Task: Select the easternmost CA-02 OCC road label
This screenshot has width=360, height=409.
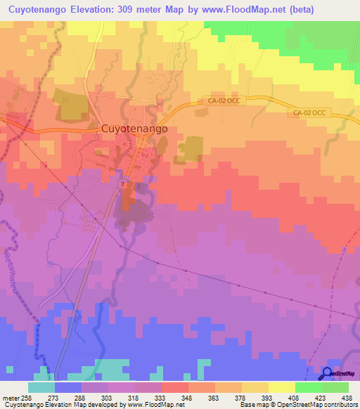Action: tap(309, 112)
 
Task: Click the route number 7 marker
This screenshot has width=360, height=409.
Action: tap(122, 184)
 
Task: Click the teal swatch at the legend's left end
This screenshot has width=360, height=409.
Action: tap(41, 387)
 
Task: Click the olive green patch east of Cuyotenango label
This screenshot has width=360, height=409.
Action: tap(191, 148)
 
